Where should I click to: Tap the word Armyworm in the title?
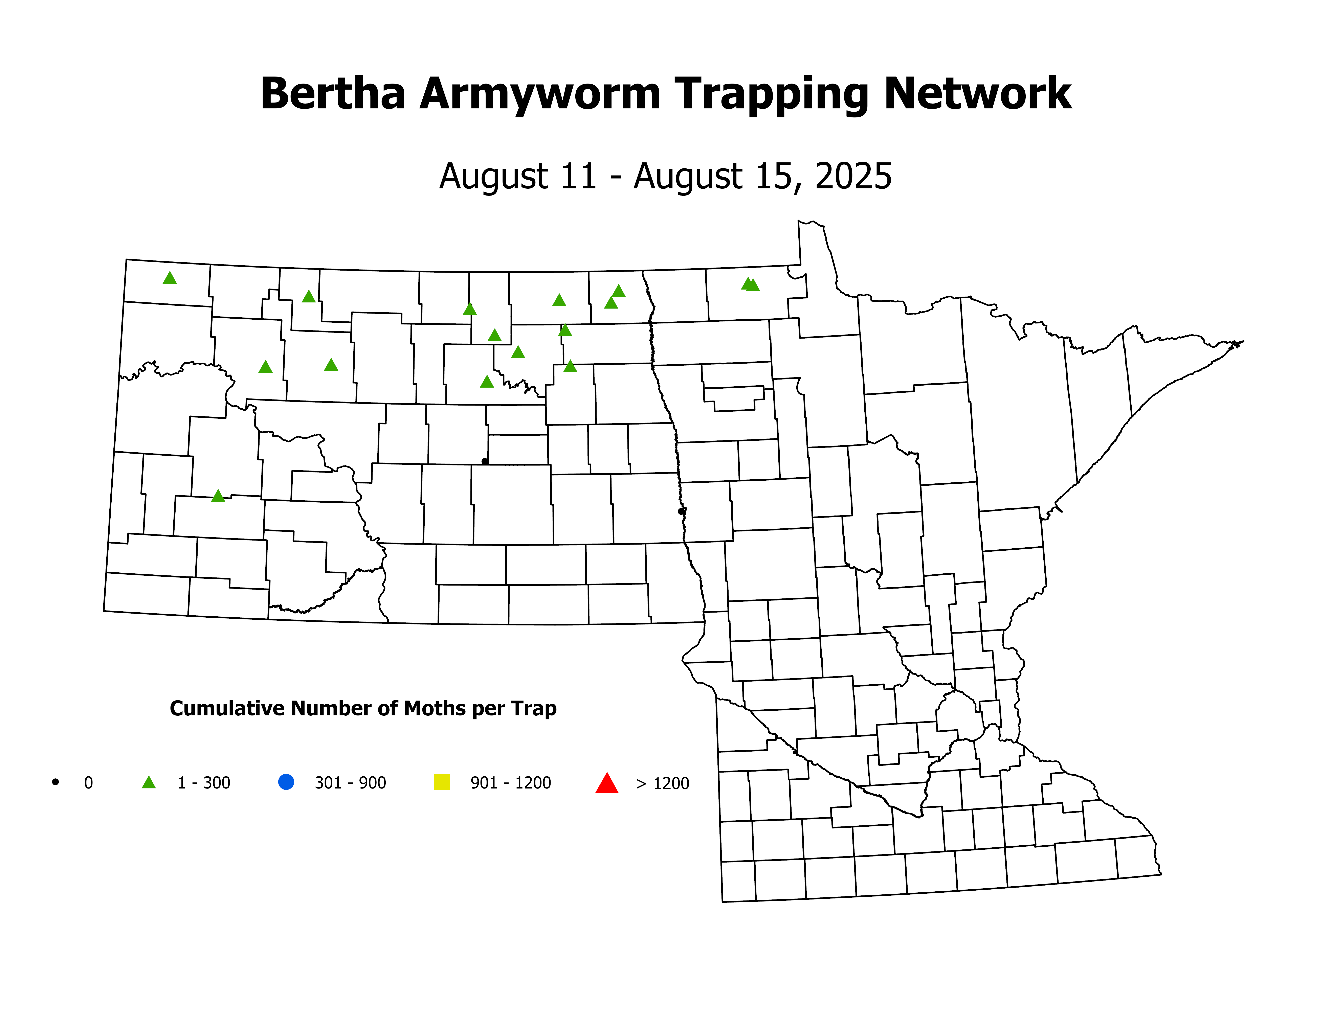(x=540, y=94)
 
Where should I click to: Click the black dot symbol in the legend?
(x=55, y=781)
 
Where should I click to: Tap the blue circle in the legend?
(x=286, y=781)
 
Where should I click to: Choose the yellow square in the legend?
(x=442, y=781)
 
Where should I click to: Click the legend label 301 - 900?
(x=350, y=783)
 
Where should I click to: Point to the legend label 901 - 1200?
(x=510, y=783)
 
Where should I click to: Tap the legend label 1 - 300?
(x=204, y=783)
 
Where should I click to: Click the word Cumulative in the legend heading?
(x=227, y=708)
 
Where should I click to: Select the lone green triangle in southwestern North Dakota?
(x=218, y=496)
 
